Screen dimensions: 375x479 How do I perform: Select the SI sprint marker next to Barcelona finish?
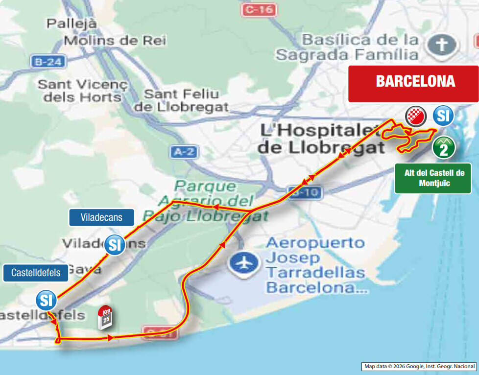(443, 117)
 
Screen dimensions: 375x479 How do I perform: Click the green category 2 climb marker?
(444, 147)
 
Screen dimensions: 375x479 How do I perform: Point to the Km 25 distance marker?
(105, 317)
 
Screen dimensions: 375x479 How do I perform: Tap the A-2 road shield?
(184, 152)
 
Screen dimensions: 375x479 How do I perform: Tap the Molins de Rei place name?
(115, 41)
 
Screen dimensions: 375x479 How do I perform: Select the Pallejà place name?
(72, 23)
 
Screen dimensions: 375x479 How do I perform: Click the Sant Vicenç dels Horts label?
(82, 91)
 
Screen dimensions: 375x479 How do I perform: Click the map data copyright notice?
(419, 366)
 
